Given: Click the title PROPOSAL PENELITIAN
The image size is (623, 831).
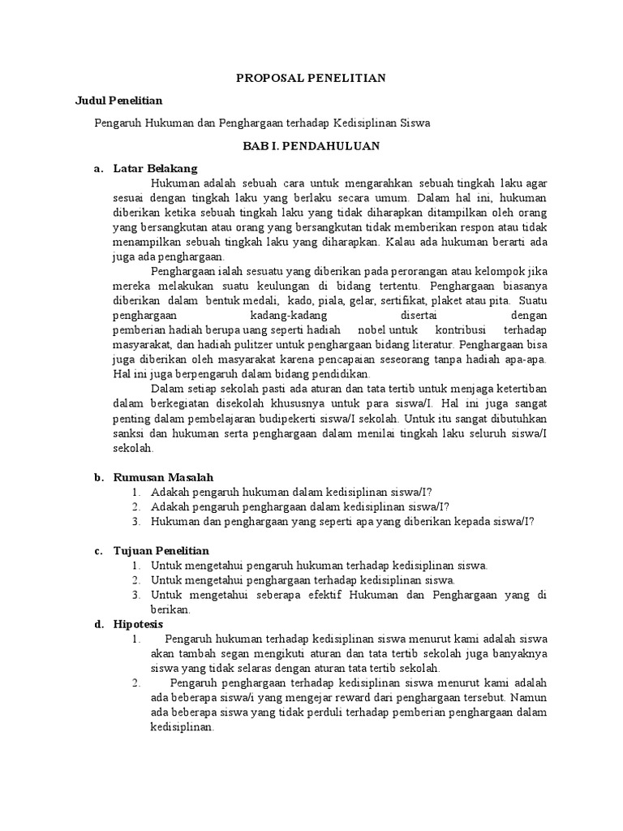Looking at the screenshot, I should coord(311,78).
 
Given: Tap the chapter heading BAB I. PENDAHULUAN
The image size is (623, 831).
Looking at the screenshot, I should coord(311,146).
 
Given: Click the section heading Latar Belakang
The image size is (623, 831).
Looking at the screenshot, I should coord(155,169).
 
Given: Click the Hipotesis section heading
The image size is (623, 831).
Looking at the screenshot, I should coord(138,624).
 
